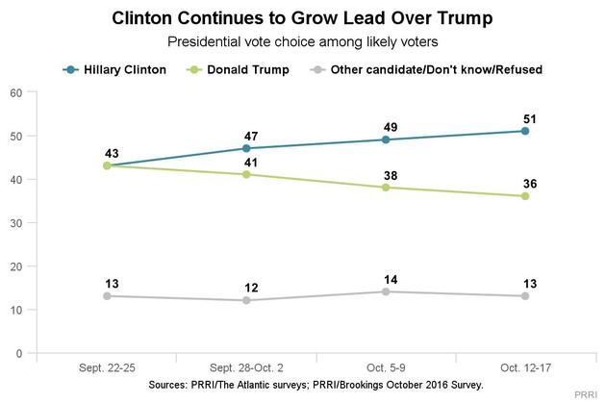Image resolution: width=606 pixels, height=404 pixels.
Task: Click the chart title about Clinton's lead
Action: pyautogui.click(x=302, y=18)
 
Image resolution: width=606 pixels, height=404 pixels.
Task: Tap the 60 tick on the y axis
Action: pyautogui.click(x=16, y=92)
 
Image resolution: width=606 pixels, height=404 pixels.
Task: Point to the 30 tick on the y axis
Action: pyautogui.click(x=16, y=223)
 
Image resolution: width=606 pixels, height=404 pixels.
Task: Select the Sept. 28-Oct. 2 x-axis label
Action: pyautogui.click(x=246, y=369)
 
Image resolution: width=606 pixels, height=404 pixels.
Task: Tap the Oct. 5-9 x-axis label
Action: pyautogui.click(x=386, y=369)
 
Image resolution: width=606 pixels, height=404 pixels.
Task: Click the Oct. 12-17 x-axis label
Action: pyautogui.click(x=525, y=369)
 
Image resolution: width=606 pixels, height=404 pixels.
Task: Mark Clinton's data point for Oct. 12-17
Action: pyautogui.click(x=525, y=131)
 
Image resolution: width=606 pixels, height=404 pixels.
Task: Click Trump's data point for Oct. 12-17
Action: pyautogui.click(x=525, y=196)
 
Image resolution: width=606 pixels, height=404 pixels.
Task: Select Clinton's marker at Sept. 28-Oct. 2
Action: pyautogui.click(x=246, y=148)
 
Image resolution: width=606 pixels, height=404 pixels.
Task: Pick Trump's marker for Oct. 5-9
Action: pyautogui.click(x=386, y=188)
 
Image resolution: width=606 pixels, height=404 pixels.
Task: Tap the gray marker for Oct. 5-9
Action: pyautogui.click(x=386, y=291)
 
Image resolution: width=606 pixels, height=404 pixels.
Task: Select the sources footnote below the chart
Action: pyautogui.click(x=316, y=384)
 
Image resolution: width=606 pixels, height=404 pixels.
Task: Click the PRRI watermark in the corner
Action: pyautogui.click(x=586, y=395)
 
